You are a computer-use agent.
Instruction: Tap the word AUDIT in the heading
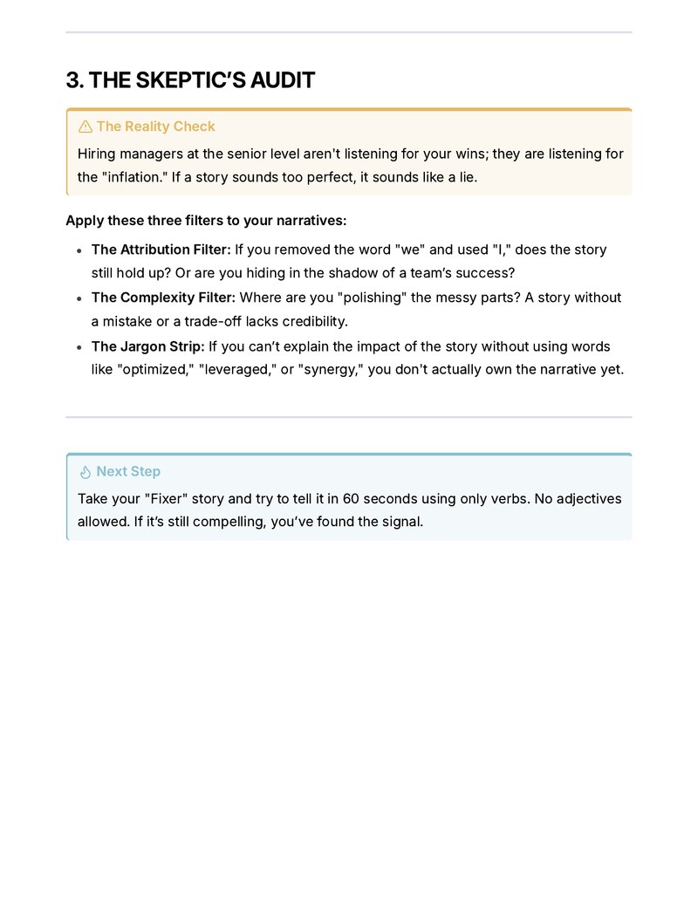[x=282, y=81]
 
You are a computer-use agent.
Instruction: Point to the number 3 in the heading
[x=72, y=81]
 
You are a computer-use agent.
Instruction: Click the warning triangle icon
[x=86, y=127]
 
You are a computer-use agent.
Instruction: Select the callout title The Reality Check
[x=155, y=127]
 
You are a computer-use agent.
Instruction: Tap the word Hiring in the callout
[x=97, y=154]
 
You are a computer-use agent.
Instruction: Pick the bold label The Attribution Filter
[x=161, y=250]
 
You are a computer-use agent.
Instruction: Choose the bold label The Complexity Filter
[x=163, y=298]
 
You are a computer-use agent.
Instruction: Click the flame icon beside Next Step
[x=86, y=472]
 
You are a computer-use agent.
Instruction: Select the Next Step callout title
[x=128, y=471]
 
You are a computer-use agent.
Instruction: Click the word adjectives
[x=586, y=499]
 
